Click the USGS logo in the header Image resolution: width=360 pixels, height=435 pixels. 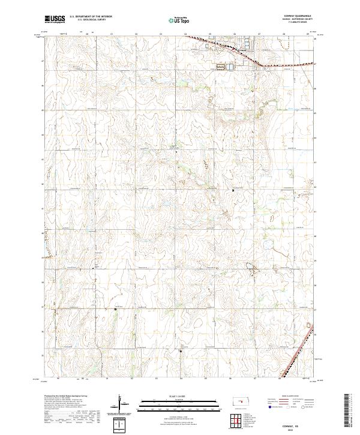point(55,19)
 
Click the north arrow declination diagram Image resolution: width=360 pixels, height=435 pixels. point(122,403)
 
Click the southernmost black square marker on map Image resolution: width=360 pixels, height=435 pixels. point(181,352)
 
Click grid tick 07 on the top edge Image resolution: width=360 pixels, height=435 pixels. point(259,34)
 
